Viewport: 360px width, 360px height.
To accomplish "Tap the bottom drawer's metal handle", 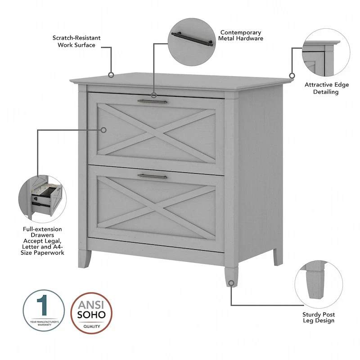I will coord(152,175).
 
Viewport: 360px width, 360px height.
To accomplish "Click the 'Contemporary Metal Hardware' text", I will coord(240,36).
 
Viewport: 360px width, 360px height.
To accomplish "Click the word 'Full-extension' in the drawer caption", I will coord(42,229).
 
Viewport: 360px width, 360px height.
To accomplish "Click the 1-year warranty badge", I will coord(44,310).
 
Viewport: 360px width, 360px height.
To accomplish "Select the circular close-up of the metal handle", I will coord(190,40).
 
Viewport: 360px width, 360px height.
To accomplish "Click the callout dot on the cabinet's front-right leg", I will coord(231,283).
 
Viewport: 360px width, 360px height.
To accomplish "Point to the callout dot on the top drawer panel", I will coord(103,130).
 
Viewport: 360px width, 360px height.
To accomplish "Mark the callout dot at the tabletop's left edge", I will coord(111,75).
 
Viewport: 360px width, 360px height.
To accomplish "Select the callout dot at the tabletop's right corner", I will coord(292,76).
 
